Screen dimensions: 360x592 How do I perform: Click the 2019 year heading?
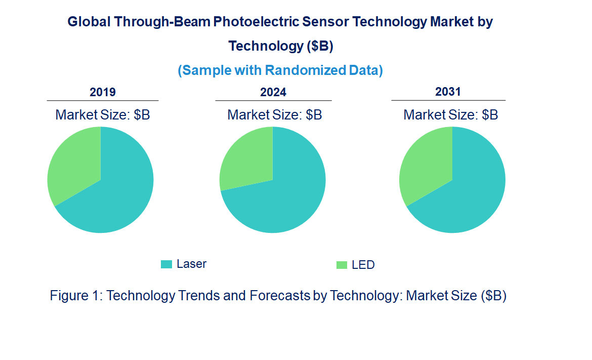[x=103, y=92]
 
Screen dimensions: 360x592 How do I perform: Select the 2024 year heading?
[x=273, y=92]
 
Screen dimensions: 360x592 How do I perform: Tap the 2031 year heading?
[x=448, y=92]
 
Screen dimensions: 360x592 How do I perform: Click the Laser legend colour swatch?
[x=166, y=264]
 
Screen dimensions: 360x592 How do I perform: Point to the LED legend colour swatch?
[x=342, y=265]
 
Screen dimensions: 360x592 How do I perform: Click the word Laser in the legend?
[x=191, y=264]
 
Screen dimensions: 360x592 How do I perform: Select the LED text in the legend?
[x=363, y=265]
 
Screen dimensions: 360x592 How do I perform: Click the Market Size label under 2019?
[x=103, y=115]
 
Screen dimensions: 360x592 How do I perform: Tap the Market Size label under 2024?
[x=275, y=115]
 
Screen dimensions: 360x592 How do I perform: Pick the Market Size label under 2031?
[x=450, y=115]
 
